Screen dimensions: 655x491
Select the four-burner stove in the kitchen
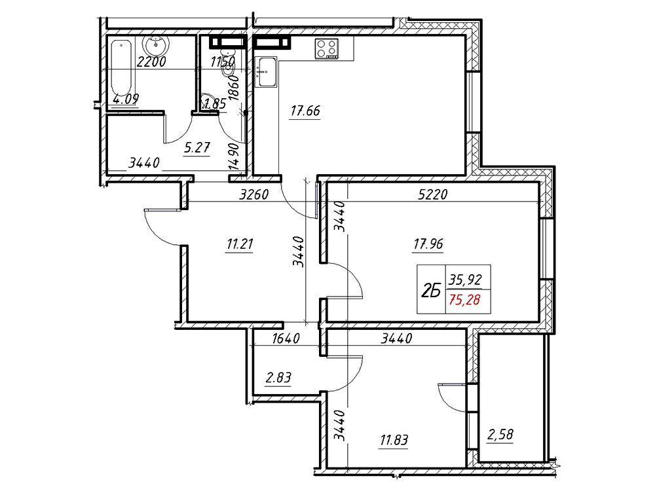327,48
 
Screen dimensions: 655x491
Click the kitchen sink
266,72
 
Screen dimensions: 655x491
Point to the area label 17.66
305,111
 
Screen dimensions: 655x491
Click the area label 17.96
428,244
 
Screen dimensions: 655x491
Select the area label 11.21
240,244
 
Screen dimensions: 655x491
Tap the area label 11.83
394,440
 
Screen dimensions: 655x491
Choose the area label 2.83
278,378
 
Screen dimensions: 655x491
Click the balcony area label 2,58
500,435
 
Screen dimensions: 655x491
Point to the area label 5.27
196,148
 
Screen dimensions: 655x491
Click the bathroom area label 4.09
126,100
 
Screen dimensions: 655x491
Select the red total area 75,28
464,299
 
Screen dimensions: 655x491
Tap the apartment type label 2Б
432,290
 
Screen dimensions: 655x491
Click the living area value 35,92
465,278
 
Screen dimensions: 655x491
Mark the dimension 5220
433,194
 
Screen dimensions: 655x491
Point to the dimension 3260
254,194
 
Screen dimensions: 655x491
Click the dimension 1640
286,338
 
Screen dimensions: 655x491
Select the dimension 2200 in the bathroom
152,62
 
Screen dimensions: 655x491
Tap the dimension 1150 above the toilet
223,62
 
